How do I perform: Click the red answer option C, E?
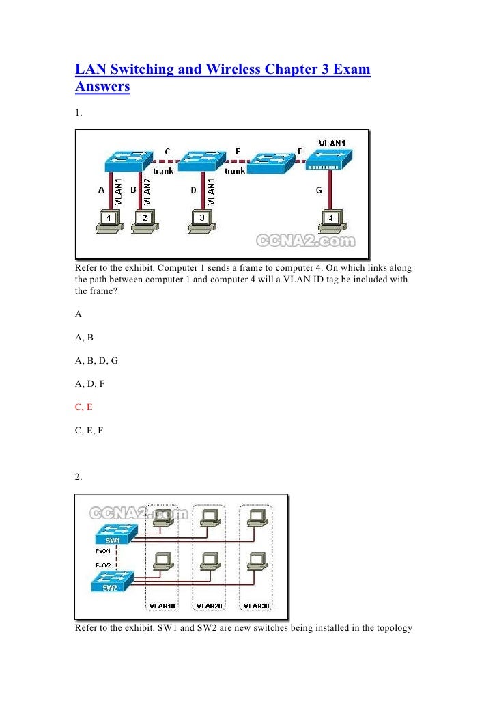click(x=85, y=406)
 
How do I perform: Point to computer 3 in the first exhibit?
click(x=202, y=222)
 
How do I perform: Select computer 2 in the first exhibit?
click(x=144, y=222)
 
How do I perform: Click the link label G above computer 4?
click(x=319, y=190)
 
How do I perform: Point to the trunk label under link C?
click(x=163, y=171)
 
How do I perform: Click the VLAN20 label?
click(x=209, y=606)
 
